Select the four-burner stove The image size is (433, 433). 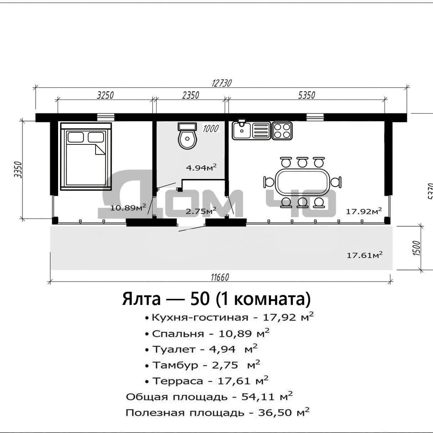tap(282, 131)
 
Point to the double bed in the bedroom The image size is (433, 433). tap(86, 156)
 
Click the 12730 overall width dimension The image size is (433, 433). tap(221, 83)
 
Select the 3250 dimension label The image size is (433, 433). tap(105, 95)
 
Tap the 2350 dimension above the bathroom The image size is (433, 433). tap(190, 95)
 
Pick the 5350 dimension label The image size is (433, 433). tap(307, 95)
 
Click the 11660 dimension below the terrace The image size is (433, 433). tap(220, 277)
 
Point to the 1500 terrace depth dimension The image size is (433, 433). tap(416, 248)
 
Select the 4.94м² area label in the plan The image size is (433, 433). tap(201, 167)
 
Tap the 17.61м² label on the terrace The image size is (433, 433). tap(365, 255)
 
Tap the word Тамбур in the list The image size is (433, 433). tap(175, 365)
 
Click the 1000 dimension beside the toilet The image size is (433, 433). tap(210, 128)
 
